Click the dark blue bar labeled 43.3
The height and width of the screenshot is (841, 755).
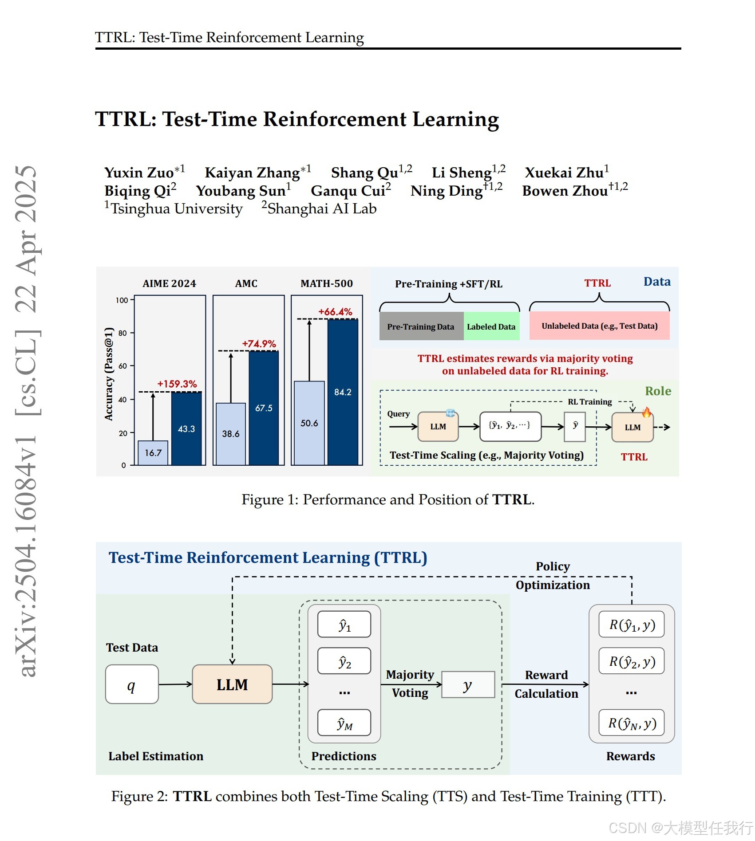click(x=186, y=428)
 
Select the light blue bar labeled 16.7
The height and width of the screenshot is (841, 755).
click(x=153, y=453)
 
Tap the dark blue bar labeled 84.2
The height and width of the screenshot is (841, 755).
click(x=343, y=392)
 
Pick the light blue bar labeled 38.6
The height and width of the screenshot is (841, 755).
click(x=231, y=433)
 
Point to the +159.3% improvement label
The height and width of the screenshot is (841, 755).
click(x=177, y=384)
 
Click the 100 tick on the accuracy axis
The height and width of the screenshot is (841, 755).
click(x=122, y=300)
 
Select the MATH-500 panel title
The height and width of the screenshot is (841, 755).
click(x=327, y=283)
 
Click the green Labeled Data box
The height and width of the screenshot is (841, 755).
click(x=491, y=326)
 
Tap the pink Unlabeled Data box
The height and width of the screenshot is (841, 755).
click(x=599, y=326)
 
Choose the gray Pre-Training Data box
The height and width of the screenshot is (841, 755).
click(x=421, y=326)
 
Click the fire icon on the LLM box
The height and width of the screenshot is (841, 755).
click(x=647, y=413)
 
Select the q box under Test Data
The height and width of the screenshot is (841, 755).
click(x=132, y=684)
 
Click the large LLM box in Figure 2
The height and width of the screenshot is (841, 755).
click(x=232, y=684)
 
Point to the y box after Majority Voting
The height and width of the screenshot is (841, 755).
click(x=468, y=685)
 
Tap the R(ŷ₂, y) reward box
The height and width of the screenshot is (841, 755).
click(x=631, y=661)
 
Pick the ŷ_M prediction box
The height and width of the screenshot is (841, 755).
click(x=344, y=723)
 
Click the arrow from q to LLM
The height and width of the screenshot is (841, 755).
click(x=175, y=684)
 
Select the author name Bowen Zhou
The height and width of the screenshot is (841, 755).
click(x=565, y=191)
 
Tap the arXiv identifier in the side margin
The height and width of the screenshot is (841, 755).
click(x=27, y=554)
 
